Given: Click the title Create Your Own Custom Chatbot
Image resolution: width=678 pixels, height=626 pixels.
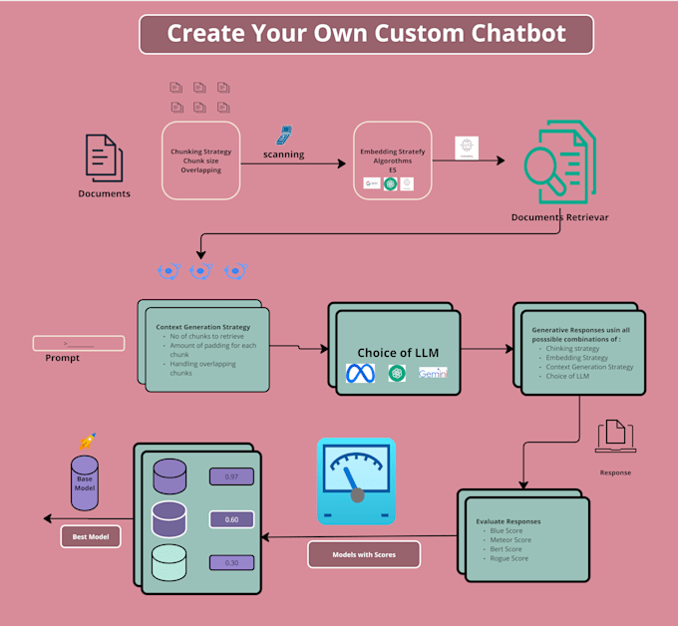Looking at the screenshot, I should [366, 34].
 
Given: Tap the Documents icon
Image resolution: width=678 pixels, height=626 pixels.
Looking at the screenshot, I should [105, 156].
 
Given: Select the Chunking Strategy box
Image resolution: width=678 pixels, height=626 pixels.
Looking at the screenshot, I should [201, 160].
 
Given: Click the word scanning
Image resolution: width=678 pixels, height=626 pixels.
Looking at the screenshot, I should [284, 155].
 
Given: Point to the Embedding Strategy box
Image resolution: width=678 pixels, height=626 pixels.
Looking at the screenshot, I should [392, 160].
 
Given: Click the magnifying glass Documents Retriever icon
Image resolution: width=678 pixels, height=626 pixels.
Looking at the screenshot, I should [558, 166].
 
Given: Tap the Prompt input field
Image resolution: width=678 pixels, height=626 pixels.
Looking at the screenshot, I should [79, 344].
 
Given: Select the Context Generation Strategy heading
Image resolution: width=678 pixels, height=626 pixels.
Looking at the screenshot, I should [203, 326].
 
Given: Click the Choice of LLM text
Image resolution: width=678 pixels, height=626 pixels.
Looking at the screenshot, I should [398, 353].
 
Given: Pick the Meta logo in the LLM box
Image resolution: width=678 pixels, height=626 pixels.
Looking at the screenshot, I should [359, 374].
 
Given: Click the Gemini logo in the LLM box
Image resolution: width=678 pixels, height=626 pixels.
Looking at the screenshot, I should [433, 373].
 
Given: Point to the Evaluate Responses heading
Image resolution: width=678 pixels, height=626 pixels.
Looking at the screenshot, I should [509, 520].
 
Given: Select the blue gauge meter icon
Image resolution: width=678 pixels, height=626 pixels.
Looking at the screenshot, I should [356, 481].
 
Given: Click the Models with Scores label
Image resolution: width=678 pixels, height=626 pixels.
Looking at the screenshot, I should [363, 554].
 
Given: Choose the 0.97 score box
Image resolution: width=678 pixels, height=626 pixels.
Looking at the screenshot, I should [231, 476].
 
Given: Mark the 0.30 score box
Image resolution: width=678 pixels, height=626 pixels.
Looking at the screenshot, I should [231, 563].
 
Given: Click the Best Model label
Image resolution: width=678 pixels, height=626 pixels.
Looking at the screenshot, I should [91, 537].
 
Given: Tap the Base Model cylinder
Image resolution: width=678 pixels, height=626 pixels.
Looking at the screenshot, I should [85, 482].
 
